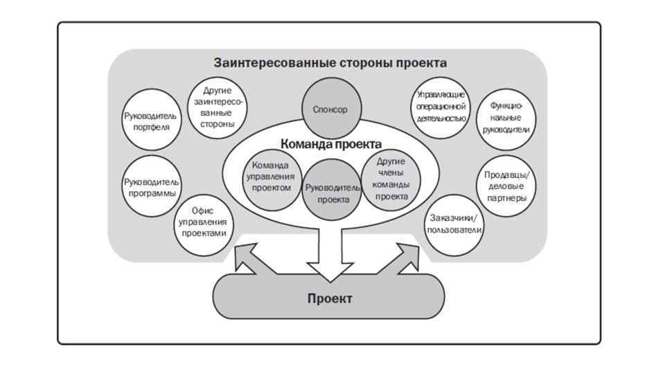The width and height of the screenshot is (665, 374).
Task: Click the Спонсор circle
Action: pyautogui.click(x=330, y=109)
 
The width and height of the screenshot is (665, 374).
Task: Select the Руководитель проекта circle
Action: pyautogui.click(x=332, y=192)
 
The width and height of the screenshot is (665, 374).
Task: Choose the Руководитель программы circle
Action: pyautogui.click(x=151, y=187)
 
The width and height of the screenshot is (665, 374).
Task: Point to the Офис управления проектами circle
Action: pyautogui.click(x=203, y=222)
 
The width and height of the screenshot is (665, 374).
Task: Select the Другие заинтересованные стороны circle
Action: pyautogui.click(x=218, y=107)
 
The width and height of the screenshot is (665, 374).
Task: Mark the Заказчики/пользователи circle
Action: pyautogui.click(x=454, y=223)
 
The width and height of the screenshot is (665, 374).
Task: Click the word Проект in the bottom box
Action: pyautogui.click(x=330, y=299)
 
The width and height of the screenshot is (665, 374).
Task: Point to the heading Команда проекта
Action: pyautogui.click(x=331, y=144)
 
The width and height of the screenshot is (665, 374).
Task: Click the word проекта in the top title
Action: pyautogui.click(x=421, y=63)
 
